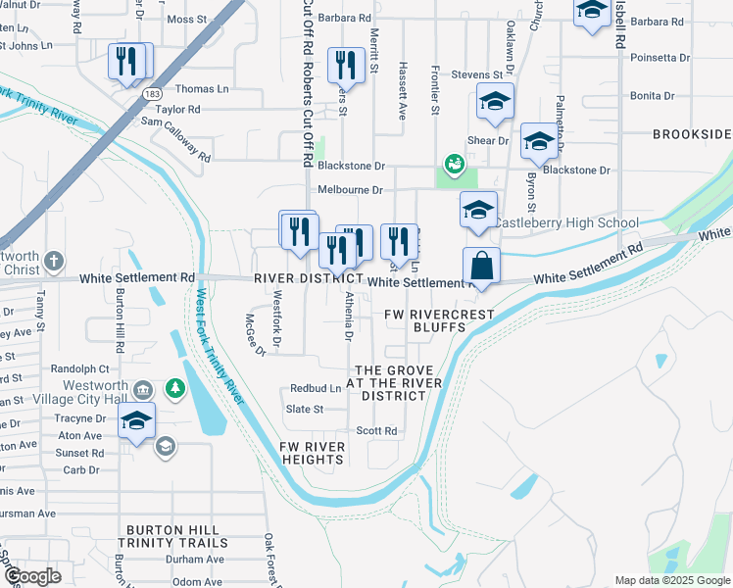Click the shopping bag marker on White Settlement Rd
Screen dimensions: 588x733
[x=481, y=266]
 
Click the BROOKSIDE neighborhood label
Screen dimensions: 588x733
[x=692, y=133]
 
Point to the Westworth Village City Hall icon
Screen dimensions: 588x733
[x=143, y=390]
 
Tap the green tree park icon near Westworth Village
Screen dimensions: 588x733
[x=175, y=389]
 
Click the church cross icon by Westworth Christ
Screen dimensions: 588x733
[x=54, y=262]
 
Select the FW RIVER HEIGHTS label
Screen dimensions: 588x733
[x=313, y=454]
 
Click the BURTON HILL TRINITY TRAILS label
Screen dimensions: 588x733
[x=173, y=535]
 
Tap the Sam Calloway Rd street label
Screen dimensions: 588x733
[x=175, y=137]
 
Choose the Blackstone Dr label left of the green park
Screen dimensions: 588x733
[x=351, y=167]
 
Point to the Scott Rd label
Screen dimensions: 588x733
[x=376, y=430]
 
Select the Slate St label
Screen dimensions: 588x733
[x=304, y=409]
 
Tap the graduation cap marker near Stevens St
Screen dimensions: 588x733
[x=495, y=101]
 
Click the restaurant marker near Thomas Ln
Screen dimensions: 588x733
[x=128, y=62]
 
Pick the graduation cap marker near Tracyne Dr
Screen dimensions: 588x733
[x=137, y=422]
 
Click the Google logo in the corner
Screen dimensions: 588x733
[x=32, y=575]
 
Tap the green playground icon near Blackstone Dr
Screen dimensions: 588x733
[x=454, y=163]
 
